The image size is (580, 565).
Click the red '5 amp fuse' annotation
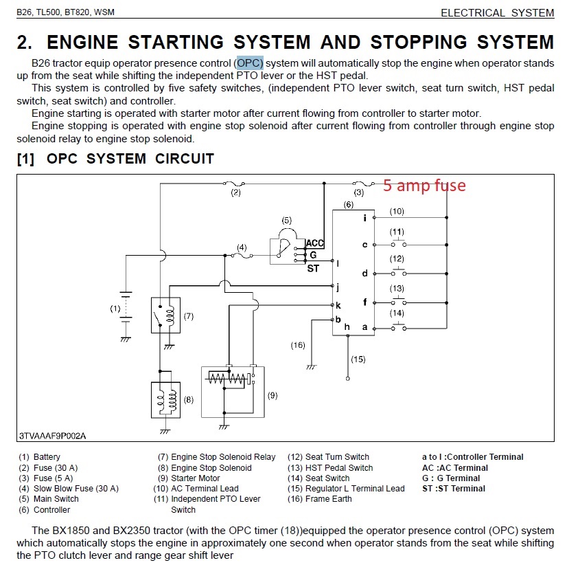(424, 185)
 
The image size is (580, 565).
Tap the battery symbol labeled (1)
(126, 309)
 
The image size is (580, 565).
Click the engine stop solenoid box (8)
(165, 399)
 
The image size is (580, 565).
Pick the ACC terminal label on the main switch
(314, 243)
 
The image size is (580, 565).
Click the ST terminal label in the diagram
(313, 269)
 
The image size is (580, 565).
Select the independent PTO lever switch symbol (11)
(397, 245)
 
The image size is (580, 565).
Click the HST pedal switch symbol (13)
(397, 301)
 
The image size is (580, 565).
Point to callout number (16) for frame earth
(298, 345)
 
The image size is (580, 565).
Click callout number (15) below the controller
(358, 359)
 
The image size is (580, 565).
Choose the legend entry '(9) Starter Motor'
(189, 478)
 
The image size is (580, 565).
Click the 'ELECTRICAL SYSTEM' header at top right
(497, 12)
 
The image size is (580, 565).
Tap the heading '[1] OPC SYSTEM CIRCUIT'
(115, 159)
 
